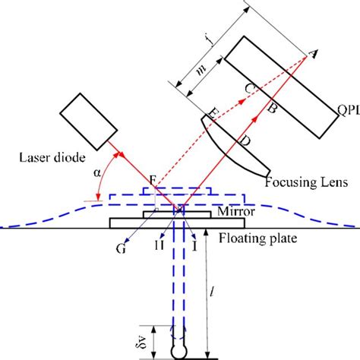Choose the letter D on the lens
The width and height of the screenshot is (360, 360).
[243, 141]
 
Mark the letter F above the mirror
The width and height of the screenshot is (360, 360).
[153, 180]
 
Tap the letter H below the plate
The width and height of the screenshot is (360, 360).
[159, 246]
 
